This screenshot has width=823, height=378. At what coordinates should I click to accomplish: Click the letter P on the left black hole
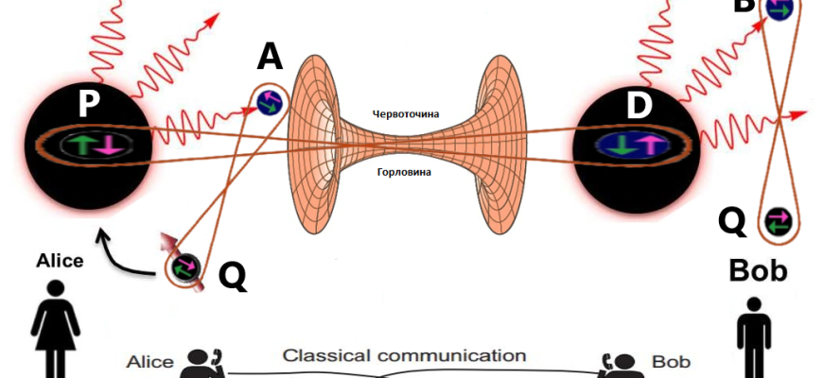(88, 104)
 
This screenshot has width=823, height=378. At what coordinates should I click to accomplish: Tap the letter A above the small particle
(271, 60)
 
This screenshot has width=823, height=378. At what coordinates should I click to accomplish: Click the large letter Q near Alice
(233, 275)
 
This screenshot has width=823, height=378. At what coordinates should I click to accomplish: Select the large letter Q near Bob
(732, 221)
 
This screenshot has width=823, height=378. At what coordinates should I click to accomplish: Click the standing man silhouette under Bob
(754, 335)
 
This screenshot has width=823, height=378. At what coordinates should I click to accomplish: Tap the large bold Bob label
(758, 271)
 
